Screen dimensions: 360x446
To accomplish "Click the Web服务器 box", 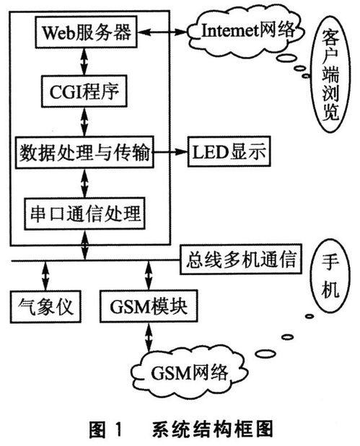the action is (86, 32).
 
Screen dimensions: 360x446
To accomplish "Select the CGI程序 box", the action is (84, 92).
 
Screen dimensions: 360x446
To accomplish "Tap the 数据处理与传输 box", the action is (84, 152).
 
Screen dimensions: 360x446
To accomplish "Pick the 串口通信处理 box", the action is (84, 214).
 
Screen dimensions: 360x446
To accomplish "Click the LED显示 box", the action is (229, 152).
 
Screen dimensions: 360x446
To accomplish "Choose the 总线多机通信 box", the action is (240, 259).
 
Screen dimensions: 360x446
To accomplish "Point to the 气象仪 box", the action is (45, 306).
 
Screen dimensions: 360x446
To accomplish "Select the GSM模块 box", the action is (149, 306).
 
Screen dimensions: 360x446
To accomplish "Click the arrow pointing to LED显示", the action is (170, 152).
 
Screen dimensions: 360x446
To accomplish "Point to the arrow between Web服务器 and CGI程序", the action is (84, 62).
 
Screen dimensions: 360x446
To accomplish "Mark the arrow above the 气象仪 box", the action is (45, 276).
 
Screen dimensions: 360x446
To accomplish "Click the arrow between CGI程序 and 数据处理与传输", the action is (84, 122).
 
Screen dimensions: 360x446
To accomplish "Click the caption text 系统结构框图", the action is (213, 429).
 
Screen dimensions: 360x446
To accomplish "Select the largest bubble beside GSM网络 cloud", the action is (267, 354).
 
